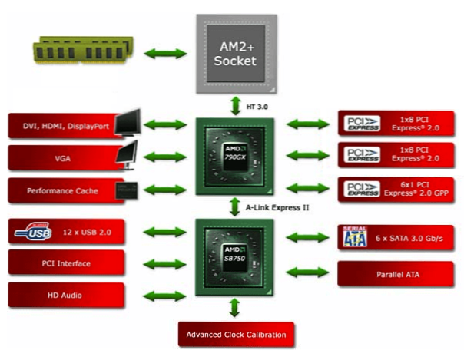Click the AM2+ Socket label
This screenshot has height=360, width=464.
tap(235, 54)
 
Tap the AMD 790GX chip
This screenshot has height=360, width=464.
tap(235, 157)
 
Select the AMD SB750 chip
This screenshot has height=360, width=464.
tap(234, 257)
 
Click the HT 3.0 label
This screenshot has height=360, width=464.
tap(257, 107)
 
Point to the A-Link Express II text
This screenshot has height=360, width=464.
tap(277, 207)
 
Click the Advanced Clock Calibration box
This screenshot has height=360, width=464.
tap(236, 335)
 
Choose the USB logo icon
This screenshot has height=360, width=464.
tap(33, 232)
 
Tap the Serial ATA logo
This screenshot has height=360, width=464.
tap(355, 236)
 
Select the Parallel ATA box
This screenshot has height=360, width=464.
tap(396, 274)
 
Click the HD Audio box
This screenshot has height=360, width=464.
tap(66, 295)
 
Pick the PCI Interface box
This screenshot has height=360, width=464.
tap(66, 263)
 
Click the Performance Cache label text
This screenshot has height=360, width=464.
tap(62, 191)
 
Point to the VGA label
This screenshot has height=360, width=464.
tap(63, 159)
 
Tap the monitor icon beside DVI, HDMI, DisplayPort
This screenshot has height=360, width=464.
tap(128, 122)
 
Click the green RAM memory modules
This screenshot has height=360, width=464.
tap(83, 49)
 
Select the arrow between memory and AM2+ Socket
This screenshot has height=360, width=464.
tap(165, 54)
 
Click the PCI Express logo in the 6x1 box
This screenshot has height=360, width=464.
tap(362, 189)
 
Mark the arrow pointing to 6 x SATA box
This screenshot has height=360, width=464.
tap(308, 237)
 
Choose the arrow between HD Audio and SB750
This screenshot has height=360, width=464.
tap(164, 296)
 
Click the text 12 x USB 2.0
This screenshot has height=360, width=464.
tap(87, 233)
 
